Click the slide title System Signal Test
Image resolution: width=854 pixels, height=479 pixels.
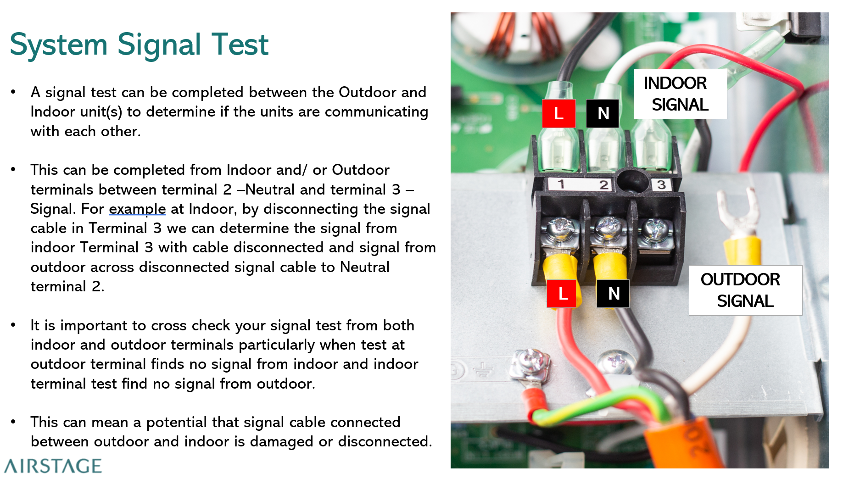[x=139, y=45]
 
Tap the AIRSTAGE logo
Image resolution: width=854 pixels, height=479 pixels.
[x=53, y=466]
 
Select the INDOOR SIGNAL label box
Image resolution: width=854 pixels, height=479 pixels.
[x=680, y=94]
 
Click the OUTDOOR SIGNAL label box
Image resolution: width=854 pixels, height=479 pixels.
[x=745, y=290]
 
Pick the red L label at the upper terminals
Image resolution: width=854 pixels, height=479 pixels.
[x=558, y=113]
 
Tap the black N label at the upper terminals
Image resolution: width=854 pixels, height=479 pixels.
[x=603, y=113]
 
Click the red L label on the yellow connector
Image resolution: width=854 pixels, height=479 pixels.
[x=562, y=294]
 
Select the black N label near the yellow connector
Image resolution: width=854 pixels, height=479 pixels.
[x=613, y=294]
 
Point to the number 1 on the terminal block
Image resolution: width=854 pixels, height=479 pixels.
[x=561, y=184]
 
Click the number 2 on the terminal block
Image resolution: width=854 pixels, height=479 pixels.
[x=603, y=185]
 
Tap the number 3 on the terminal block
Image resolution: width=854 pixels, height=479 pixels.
[x=661, y=185]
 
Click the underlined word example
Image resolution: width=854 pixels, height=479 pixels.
[x=137, y=209]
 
